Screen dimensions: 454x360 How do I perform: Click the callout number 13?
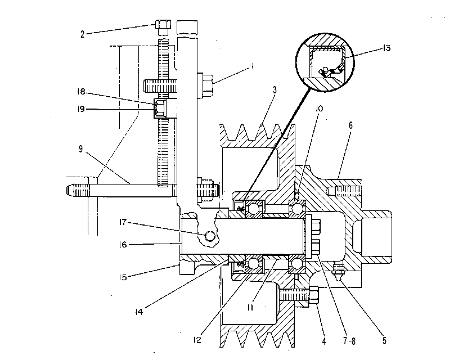tap(386, 48)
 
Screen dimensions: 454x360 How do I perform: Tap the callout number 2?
tap(83, 34)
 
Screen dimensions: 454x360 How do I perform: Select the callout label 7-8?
tap(349, 341)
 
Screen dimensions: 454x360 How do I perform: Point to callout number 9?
tap(80, 149)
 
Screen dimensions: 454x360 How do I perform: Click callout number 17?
tap(123, 222)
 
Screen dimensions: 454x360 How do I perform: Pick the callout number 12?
tap(197, 340)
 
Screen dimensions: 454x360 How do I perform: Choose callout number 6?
tap(350, 125)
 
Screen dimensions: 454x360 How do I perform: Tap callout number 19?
tap(81, 109)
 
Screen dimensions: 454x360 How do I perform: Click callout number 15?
tap(123, 277)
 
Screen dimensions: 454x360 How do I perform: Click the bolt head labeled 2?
tap(163, 24)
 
